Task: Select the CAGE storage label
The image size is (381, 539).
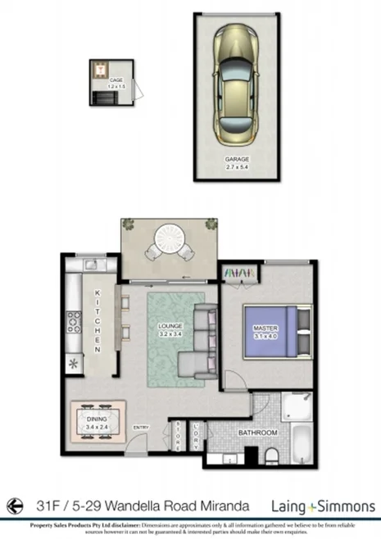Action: (104, 81)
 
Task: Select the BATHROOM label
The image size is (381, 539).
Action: (257, 433)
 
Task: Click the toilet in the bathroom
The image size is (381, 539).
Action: (271, 455)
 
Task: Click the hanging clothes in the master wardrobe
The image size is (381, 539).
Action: (238, 272)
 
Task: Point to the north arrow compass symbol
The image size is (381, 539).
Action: (13, 506)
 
